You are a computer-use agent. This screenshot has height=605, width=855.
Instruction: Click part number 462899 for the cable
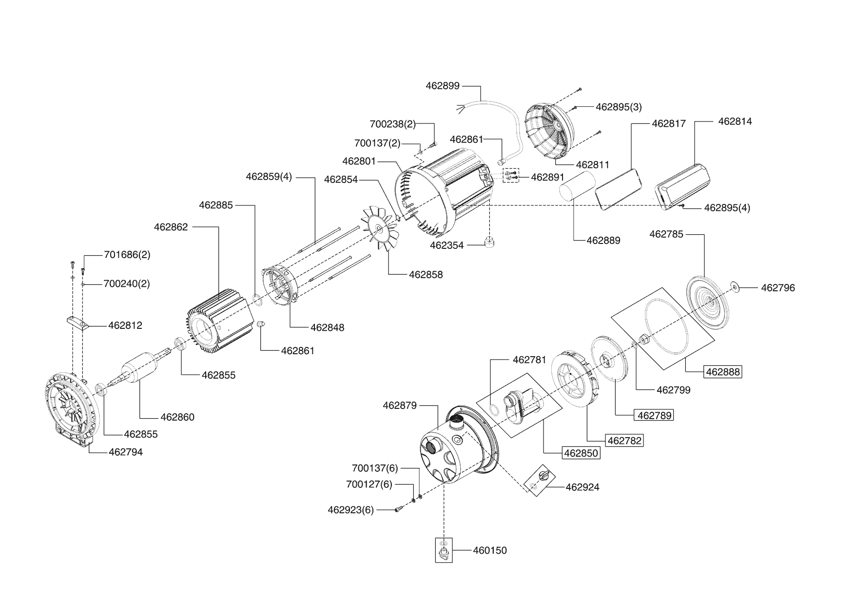click(x=443, y=86)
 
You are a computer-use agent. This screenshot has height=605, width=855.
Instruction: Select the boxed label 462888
click(x=723, y=372)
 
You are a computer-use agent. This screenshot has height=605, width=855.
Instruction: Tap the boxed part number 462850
click(x=581, y=453)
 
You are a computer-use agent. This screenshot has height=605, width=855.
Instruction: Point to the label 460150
click(x=490, y=550)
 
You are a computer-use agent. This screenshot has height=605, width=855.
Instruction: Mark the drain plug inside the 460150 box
click(x=444, y=554)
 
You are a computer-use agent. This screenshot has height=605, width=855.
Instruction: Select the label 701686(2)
click(x=127, y=255)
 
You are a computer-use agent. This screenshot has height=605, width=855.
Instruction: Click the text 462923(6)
click(x=350, y=510)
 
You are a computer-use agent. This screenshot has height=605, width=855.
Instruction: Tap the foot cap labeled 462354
click(x=489, y=242)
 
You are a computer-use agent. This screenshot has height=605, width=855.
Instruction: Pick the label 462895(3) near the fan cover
click(x=619, y=107)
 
